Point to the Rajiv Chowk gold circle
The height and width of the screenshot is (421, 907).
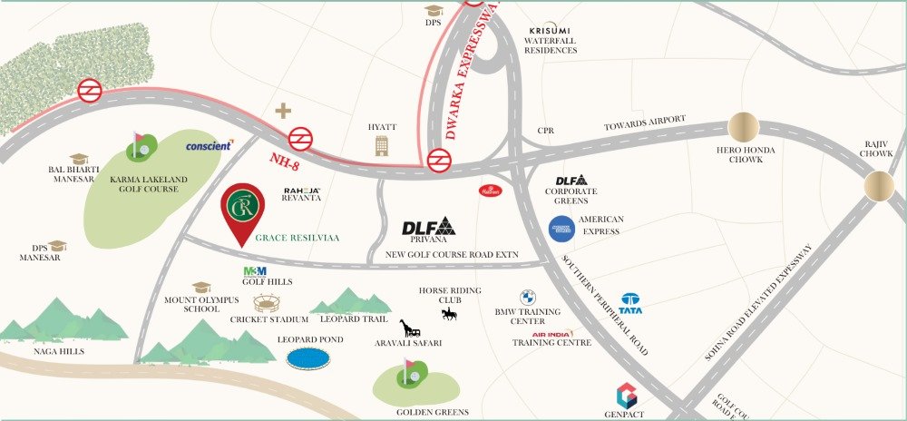(879, 186)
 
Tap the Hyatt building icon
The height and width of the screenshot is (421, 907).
(380, 145)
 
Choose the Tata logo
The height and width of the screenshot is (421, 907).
(631, 302)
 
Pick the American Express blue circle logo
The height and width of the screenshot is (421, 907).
(561, 230)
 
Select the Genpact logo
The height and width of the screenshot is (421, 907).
(627, 396)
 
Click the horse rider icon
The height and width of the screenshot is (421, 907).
(448, 314)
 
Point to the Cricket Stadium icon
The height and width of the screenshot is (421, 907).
(268, 303)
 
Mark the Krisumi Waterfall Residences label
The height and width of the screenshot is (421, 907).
(552, 41)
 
